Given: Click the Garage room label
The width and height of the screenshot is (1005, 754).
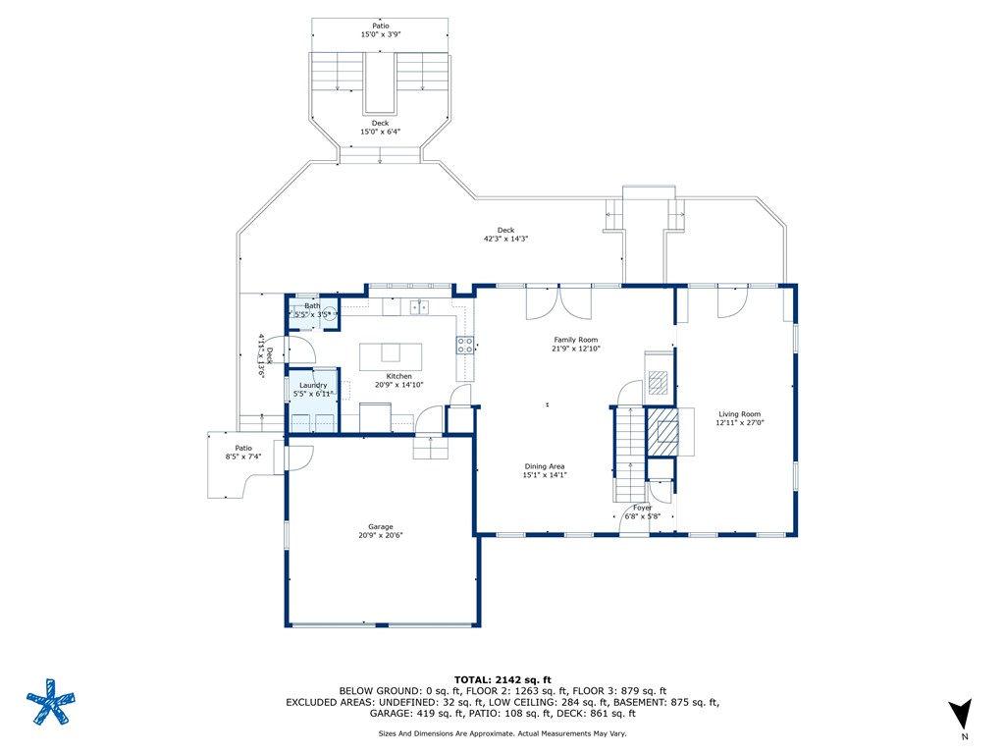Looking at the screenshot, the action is click(x=380, y=526).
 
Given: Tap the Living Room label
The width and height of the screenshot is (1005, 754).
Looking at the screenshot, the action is click(x=740, y=414).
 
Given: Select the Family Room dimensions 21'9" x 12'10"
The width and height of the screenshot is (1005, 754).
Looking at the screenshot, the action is click(x=575, y=349).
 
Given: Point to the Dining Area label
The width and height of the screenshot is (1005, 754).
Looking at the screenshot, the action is click(x=544, y=466).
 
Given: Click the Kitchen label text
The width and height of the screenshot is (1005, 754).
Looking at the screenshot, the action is click(x=398, y=376).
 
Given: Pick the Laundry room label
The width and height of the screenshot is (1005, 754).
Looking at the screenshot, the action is click(x=313, y=385).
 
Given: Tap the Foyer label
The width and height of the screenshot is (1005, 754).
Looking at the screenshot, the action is click(x=642, y=508).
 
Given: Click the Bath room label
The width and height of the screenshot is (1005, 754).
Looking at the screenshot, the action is click(x=312, y=306).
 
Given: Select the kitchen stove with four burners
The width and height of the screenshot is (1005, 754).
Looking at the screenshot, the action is click(x=465, y=346).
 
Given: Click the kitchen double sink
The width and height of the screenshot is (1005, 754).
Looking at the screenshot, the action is click(x=419, y=307).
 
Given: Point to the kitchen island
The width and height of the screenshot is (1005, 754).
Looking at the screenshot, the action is click(x=391, y=357).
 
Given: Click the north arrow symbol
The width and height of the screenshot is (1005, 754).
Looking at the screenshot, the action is click(x=962, y=714).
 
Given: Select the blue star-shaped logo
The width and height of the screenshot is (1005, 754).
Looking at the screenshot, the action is click(x=51, y=702).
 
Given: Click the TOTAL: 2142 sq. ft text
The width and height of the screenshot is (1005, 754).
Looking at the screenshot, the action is click(x=502, y=679).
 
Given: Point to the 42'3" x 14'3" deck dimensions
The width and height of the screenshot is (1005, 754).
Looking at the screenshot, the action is click(x=505, y=239).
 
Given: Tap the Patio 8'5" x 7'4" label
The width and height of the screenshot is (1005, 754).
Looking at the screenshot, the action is click(x=243, y=453).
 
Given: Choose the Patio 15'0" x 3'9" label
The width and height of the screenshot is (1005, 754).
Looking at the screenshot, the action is click(x=381, y=30).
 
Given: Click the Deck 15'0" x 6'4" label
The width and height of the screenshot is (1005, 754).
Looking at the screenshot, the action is click(x=380, y=128).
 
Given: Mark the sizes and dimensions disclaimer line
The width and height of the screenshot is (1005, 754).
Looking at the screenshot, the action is click(x=502, y=733).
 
